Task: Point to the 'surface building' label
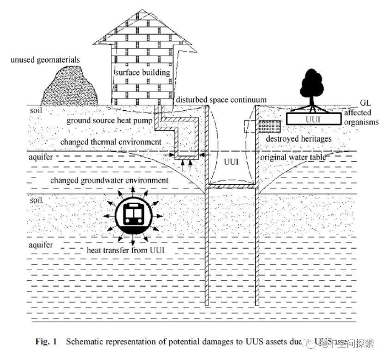click(142, 73)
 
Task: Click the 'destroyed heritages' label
click(298, 139)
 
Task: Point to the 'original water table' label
click(292, 158)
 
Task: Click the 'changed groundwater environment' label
click(109, 180)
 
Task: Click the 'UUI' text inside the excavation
click(231, 163)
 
